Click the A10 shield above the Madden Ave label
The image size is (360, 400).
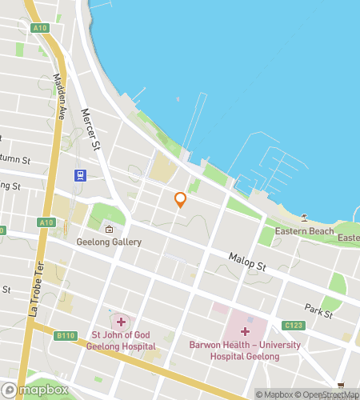click(x=40, y=28)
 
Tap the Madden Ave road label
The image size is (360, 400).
click(x=58, y=96)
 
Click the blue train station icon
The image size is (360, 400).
click(x=80, y=175)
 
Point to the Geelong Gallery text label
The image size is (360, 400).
click(x=109, y=242)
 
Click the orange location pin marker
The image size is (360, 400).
click(x=181, y=200)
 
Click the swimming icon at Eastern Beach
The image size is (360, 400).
click(x=305, y=218)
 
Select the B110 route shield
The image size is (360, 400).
click(x=66, y=337)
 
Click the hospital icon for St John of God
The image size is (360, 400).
click(x=121, y=321)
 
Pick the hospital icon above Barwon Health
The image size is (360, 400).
click(x=245, y=330)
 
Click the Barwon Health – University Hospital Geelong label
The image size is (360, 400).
click(x=246, y=350)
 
